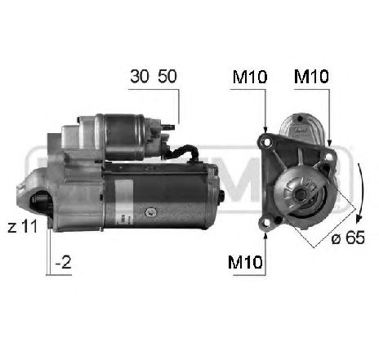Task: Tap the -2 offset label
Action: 64,264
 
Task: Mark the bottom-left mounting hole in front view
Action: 267,221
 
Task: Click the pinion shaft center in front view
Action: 300,193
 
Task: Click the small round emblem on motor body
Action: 152,211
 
